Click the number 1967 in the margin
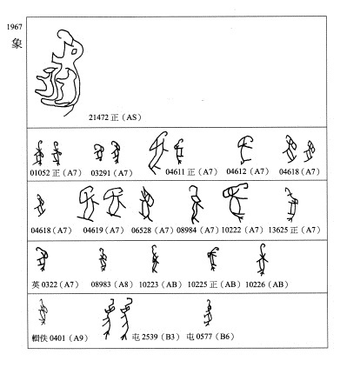(13, 29)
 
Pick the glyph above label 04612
(244, 150)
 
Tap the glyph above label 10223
(156, 259)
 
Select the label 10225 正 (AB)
(215, 283)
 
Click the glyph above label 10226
(261, 259)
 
